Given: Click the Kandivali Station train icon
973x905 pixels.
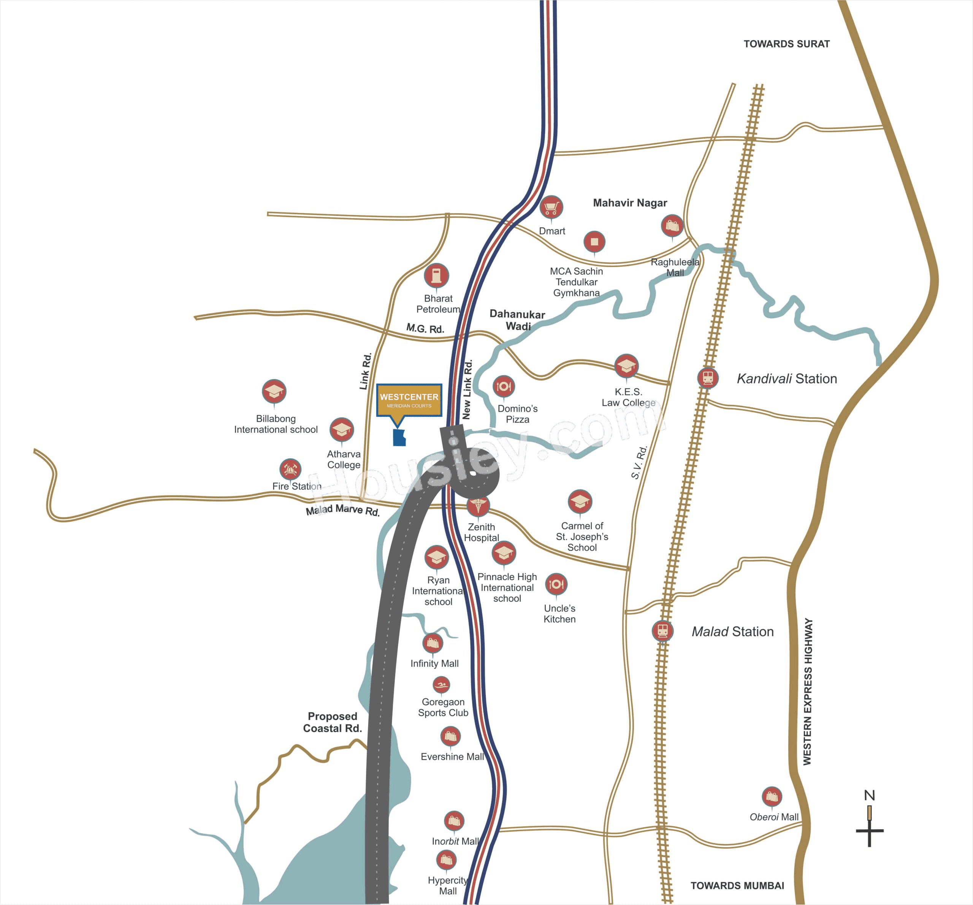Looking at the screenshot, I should pyautogui.click(x=708, y=377).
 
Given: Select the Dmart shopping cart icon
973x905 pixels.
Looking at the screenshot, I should pyautogui.click(x=551, y=207).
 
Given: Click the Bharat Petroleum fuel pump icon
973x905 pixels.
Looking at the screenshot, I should pyautogui.click(x=436, y=275).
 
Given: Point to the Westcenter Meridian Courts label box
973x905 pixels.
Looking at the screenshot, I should pyautogui.click(x=409, y=400).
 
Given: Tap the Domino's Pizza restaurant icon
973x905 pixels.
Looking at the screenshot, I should pyautogui.click(x=503, y=386).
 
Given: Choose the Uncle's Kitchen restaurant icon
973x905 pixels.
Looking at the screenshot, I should pyautogui.click(x=556, y=584).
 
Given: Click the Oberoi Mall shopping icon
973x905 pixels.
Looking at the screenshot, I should pyautogui.click(x=772, y=797).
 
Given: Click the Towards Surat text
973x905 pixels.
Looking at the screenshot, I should pyautogui.click(x=786, y=44).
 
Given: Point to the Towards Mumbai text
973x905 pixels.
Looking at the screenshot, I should pyautogui.click(x=737, y=885).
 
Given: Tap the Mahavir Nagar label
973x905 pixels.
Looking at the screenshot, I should pyautogui.click(x=630, y=203).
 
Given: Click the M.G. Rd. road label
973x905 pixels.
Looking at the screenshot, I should pyautogui.click(x=425, y=328).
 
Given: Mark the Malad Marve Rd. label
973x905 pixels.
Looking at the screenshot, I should pyautogui.click(x=342, y=510).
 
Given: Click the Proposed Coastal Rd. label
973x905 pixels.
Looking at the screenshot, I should pyautogui.click(x=332, y=722).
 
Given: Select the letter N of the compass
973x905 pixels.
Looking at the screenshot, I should pyautogui.click(x=869, y=795).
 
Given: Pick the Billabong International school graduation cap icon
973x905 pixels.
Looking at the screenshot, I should pyautogui.click(x=274, y=391).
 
